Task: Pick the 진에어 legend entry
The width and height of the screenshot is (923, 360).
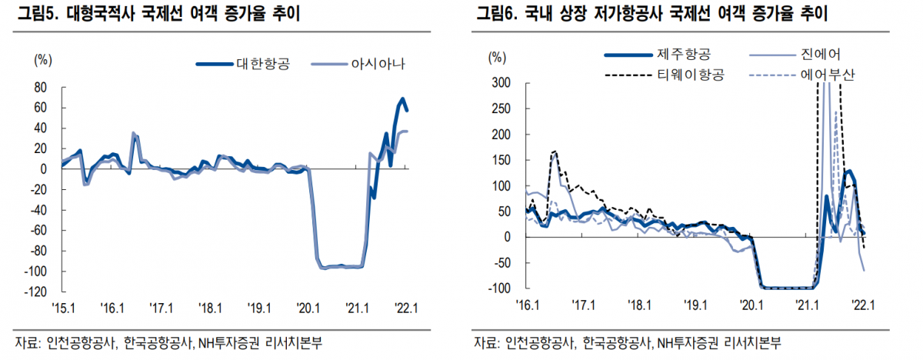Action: [818, 54]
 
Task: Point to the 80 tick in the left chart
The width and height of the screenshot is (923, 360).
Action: [40, 87]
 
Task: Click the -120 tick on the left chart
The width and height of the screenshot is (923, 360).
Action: [36, 292]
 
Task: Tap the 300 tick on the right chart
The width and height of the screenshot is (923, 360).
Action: [500, 82]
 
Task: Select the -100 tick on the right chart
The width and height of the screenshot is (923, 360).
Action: [498, 288]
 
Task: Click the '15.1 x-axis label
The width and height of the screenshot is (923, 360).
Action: [62, 308]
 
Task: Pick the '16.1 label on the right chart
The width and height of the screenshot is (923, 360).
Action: [528, 305]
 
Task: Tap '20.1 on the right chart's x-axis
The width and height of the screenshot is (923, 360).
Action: [750, 305]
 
